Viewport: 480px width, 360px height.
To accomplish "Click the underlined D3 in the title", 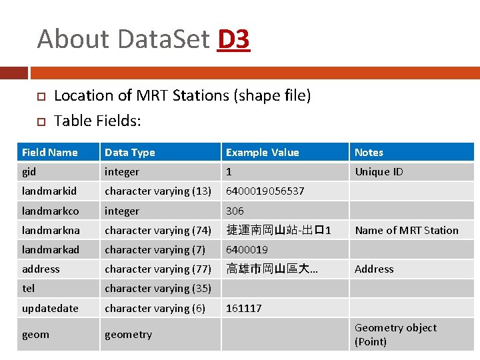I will click(233, 39).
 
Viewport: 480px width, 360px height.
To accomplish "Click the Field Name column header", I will click(50, 153).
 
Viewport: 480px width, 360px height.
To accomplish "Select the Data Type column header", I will click(130, 153).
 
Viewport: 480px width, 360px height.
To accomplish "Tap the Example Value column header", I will click(263, 153).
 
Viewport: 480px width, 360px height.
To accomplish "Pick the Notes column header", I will click(369, 153).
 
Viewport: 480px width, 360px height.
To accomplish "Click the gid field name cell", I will click(29, 172).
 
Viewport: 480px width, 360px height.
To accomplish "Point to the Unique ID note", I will click(379, 172).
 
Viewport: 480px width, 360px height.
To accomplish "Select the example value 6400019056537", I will click(265, 191).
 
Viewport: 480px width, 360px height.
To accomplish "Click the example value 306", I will click(235, 211).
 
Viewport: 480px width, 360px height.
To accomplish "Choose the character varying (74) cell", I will click(158, 230).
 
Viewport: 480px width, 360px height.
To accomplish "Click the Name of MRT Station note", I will click(407, 230).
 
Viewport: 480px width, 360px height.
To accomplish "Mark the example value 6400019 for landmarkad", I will click(247, 249).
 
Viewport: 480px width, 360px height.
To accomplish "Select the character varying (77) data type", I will click(158, 269).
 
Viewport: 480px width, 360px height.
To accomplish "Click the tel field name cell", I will click(29, 288).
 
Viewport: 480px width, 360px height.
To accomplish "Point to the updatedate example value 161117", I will click(244, 308).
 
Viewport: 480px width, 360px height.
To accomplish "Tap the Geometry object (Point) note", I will click(395, 335).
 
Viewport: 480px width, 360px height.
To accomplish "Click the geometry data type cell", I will click(128, 335).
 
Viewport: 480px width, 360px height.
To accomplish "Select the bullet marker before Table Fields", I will click(40, 121).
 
